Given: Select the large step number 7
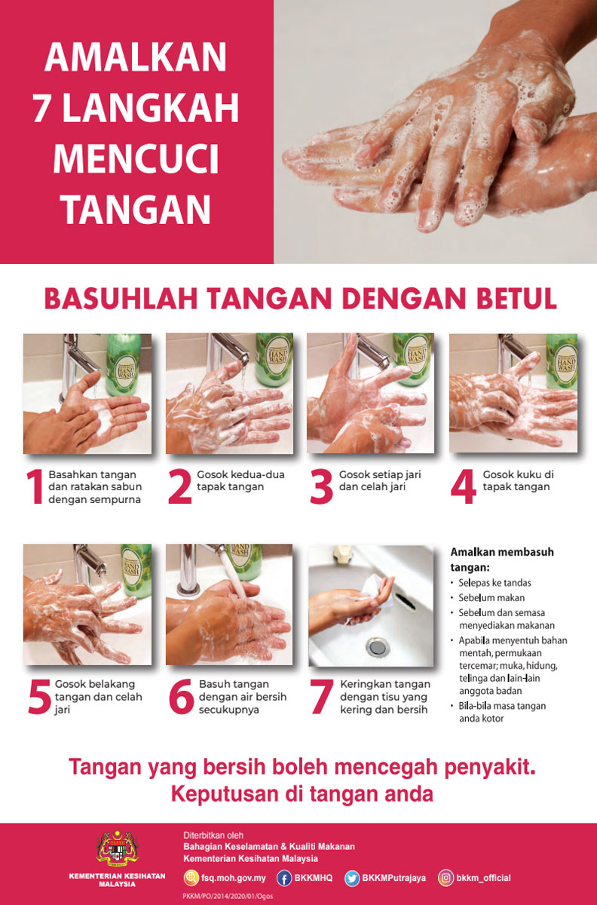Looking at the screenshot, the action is coord(322,696).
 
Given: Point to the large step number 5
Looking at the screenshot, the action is coord(40,696).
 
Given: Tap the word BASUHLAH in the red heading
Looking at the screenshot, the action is coord(121,298).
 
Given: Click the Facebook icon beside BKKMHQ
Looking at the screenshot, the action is coord(284,878).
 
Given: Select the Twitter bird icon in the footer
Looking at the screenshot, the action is coord(352,878).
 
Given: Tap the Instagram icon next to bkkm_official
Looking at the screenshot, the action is coord(445,878).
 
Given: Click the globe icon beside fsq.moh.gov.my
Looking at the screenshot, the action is coord(191,878).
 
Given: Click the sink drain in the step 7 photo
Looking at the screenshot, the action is coord(378,647).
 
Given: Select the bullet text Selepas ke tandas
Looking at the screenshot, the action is coord(494,582).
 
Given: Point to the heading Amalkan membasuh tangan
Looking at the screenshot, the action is coord(502,560).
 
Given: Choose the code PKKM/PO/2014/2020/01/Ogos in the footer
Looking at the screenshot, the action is coord(228,896).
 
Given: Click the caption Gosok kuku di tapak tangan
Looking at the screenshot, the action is coord(519,480).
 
